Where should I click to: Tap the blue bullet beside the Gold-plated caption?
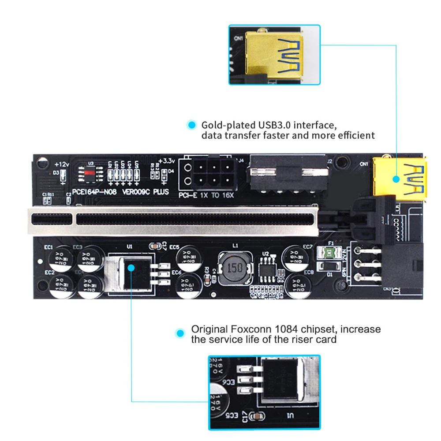(191, 125)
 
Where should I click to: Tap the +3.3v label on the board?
(168, 160)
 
